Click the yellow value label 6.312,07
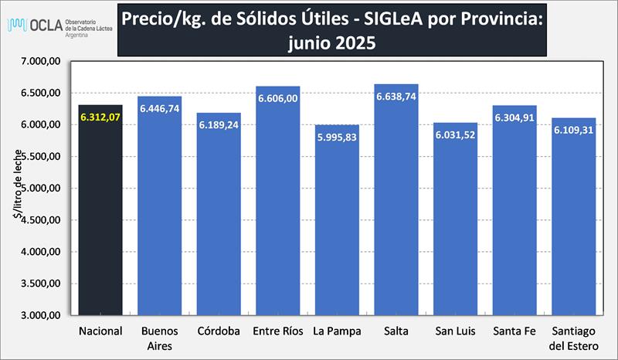pyautogui.click(x=100, y=117)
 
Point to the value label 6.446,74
pyautogui.click(x=160, y=109)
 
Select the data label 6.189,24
pyautogui.click(x=219, y=125)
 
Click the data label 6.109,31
pyautogui.click(x=573, y=131)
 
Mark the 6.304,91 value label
pyautogui.click(x=514, y=118)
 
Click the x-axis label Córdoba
pyautogui.click(x=219, y=331)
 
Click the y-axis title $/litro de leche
pyautogui.click(x=17, y=188)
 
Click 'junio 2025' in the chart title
pyautogui.click(x=331, y=43)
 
